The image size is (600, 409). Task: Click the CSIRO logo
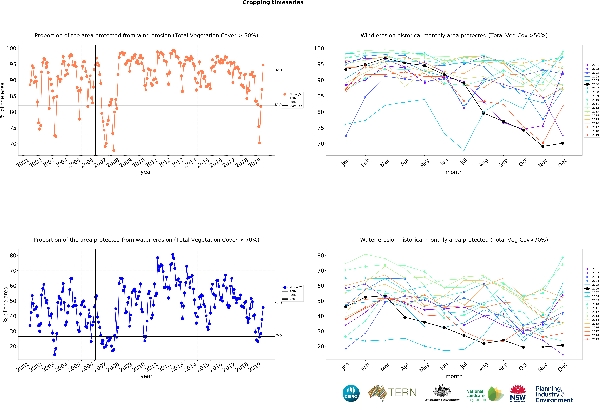(351, 393)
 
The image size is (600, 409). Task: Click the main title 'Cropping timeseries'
(273, 3)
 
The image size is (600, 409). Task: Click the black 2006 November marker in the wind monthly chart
(543, 146)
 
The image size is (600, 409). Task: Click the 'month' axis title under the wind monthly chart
(454, 172)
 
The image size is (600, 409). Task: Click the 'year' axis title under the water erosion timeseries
(146, 376)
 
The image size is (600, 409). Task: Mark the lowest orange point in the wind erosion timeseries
(114, 150)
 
